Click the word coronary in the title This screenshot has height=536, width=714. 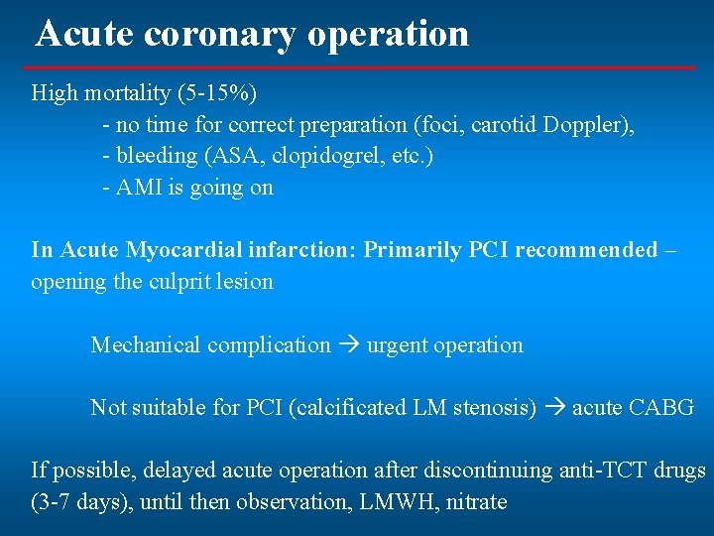pyautogui.click(x=220, y=34)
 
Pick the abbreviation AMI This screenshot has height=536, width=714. pyautogui.click(x=139, y=188)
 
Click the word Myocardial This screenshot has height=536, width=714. pyautogui.click(x=156, y=250)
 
